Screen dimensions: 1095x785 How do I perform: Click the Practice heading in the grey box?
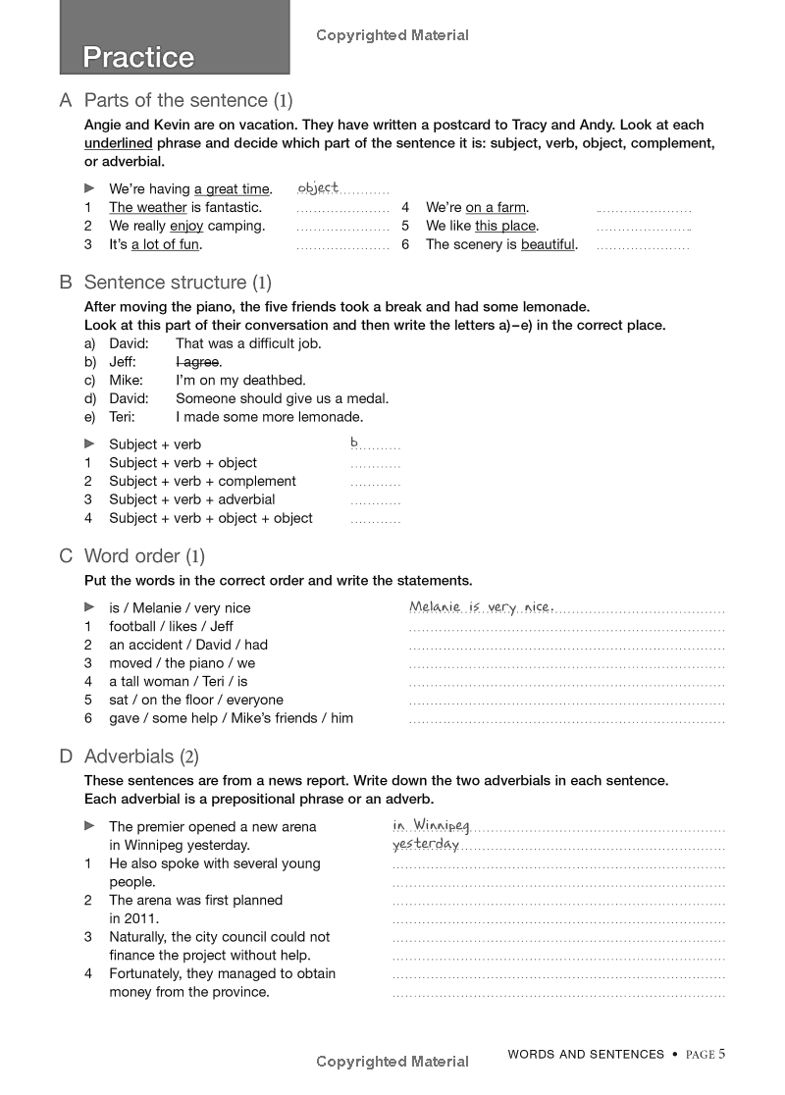point(138,57)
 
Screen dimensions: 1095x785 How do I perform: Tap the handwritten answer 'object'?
point(317,187)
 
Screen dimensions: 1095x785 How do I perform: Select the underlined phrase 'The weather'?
point(147,207)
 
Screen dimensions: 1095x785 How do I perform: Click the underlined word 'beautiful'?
point(548,244)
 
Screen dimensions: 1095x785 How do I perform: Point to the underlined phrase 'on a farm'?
point(496,207)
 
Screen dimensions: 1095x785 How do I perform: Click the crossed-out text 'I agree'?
point(197,362)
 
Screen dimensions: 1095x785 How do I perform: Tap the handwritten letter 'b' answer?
point(354,443)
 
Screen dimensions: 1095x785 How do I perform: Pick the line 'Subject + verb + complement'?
point(202,481)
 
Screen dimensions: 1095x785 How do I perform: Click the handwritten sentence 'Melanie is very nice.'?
point(481,606)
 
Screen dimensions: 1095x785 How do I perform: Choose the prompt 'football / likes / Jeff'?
point(171,626)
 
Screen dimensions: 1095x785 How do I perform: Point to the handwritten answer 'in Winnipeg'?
point(431,825)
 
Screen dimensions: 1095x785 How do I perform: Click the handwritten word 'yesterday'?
point(426,844)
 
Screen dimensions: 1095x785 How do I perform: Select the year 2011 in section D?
point(139,918)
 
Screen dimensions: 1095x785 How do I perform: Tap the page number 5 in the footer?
point(721,1055)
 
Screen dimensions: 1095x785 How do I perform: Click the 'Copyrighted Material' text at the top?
point(392,35)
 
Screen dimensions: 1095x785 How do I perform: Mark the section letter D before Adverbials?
point(66,756)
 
